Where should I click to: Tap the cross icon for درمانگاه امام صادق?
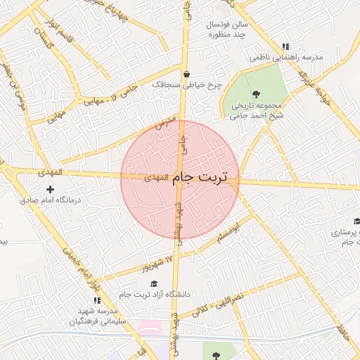[x=50, y=189]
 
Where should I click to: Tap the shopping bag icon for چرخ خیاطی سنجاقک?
[x=186, y=73]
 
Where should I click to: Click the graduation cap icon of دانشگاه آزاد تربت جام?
[x=163, y=283]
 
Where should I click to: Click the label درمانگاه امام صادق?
[x=51, y=200]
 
